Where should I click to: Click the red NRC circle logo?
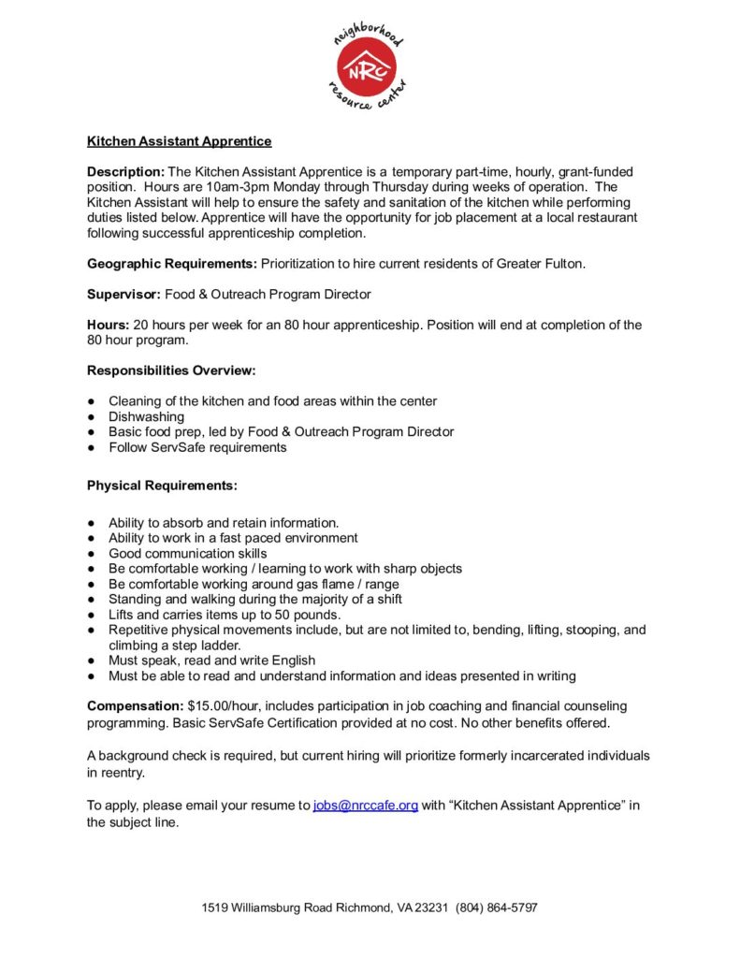pyautogui.click(x=369, y=66)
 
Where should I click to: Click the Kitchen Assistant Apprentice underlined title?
pyautogui.click(x=179, y=141)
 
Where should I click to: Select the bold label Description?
pyautogui.click(x=125, y=172)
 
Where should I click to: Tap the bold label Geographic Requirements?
pyautogui.click(x=172, y=264)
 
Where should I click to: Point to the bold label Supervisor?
pyautogui.click(x=124, y=295)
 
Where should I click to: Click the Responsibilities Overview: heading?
pyautogui.click(x=170, y=370)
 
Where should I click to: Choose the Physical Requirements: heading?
pyautogui.click(x=162, y=486)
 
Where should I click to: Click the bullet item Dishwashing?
pyautogui.click(x=146, y=416)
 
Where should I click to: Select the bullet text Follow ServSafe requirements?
pyautogui.click(x=197, y=447)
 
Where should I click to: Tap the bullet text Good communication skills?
pyautogui.click(x=187, y=553)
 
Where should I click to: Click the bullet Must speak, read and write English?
pyautogui.click(x=211, y=660)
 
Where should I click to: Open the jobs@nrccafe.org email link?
pyautogui.click(x=365, y=806)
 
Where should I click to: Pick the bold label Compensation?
pyautogui.click(x=135, y=705)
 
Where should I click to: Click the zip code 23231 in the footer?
pyautogui.click(x=432, y=907)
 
